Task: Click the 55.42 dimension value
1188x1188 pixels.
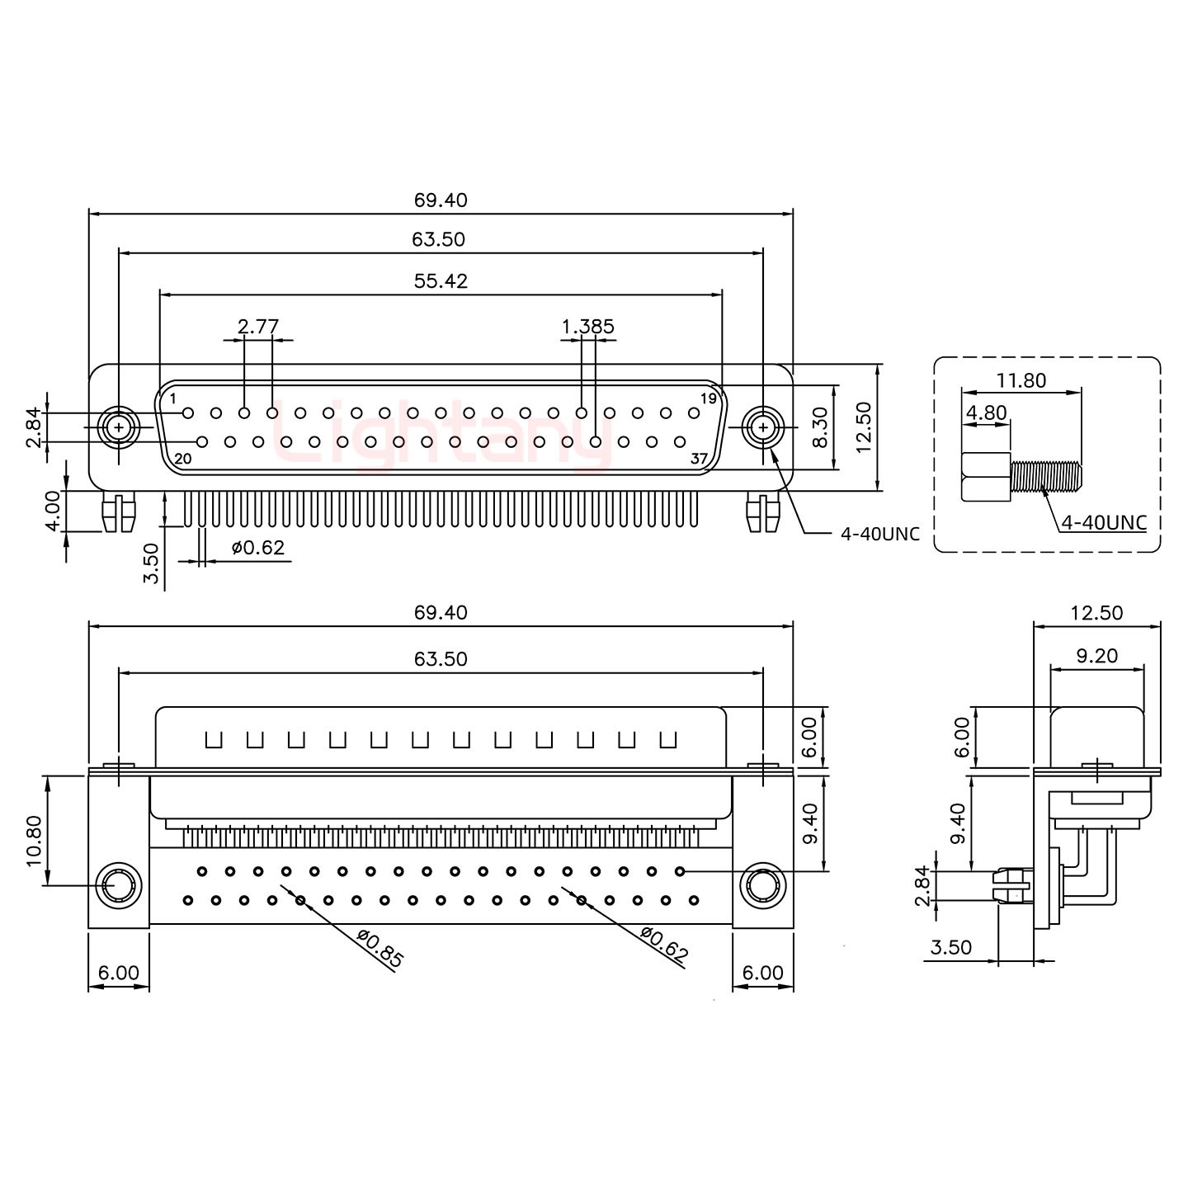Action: [x=441, y=281]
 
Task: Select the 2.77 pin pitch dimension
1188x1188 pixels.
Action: [x=257, y=327]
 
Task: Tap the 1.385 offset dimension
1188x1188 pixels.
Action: [x=587, y=327]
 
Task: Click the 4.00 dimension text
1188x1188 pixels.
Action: [x=53, y=511]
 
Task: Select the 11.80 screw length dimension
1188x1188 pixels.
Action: [x=1021, y=380]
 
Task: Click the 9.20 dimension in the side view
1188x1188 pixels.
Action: [x=1096, y=656]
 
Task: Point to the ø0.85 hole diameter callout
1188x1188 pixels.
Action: [x=380, y=949]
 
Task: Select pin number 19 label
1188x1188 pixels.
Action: [x=707, y=399]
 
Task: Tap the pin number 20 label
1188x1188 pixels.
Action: [x=183, y=459]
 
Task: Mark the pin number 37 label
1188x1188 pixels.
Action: [x=699, y=460]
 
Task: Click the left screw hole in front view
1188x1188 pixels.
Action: [x=119, y=427]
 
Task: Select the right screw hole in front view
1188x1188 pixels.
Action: [x=763, y=427]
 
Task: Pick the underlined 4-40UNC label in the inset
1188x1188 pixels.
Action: [x=1103, y=522]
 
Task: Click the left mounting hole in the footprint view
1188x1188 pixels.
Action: [x=116, y=887]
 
